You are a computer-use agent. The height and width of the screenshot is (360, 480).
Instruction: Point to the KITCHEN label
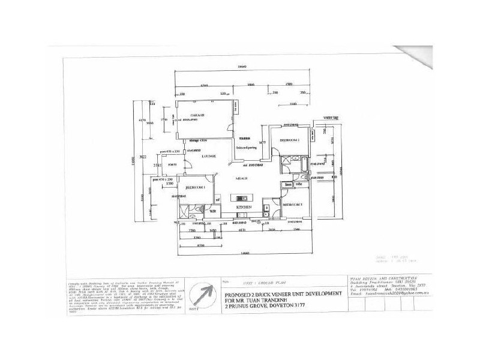point(242,206)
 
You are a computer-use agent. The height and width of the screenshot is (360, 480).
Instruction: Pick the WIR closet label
point(212,211)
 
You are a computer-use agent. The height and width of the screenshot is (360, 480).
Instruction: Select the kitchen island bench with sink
point(243,197)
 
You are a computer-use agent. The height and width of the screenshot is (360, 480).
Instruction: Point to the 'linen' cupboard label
point(289,185)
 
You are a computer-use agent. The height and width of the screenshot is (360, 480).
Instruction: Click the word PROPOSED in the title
point(238,295)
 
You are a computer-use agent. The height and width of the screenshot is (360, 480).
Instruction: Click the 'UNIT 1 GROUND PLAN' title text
point(250,281)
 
